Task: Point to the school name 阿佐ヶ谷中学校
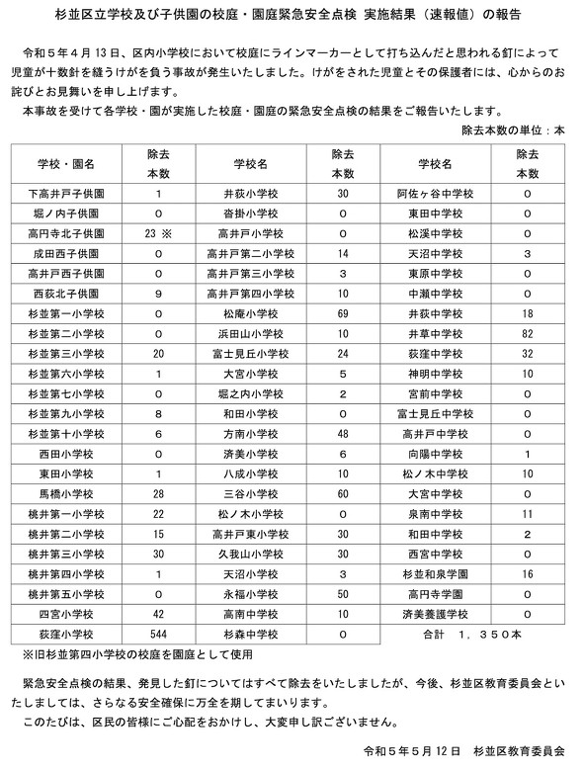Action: coord(435,194)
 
